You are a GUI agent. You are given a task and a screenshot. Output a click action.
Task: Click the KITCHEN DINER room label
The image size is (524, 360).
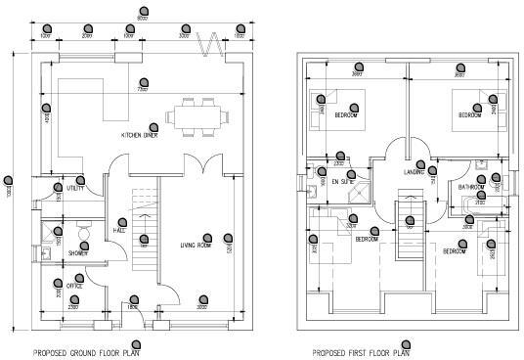pos(140,135)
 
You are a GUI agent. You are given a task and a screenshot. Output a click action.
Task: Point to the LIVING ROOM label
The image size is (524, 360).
pos(196,245)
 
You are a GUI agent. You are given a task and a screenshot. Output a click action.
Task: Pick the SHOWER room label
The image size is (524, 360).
pos(77,251)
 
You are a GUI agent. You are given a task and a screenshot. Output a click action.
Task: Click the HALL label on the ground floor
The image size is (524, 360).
pos(119,232)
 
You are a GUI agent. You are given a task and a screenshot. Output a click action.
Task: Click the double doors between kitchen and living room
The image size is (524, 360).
pos(201,163)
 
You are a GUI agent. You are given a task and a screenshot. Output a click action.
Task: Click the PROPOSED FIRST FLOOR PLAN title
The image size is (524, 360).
pos(361,352)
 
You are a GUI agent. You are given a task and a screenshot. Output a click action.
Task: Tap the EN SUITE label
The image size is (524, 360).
pos(342,181)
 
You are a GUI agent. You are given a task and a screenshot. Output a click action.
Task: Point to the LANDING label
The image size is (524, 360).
pos(415,174)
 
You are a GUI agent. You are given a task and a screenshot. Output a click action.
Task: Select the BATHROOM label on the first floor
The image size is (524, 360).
pos(474,186)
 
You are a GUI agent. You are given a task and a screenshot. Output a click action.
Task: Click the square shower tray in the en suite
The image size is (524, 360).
pos(359,188)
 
